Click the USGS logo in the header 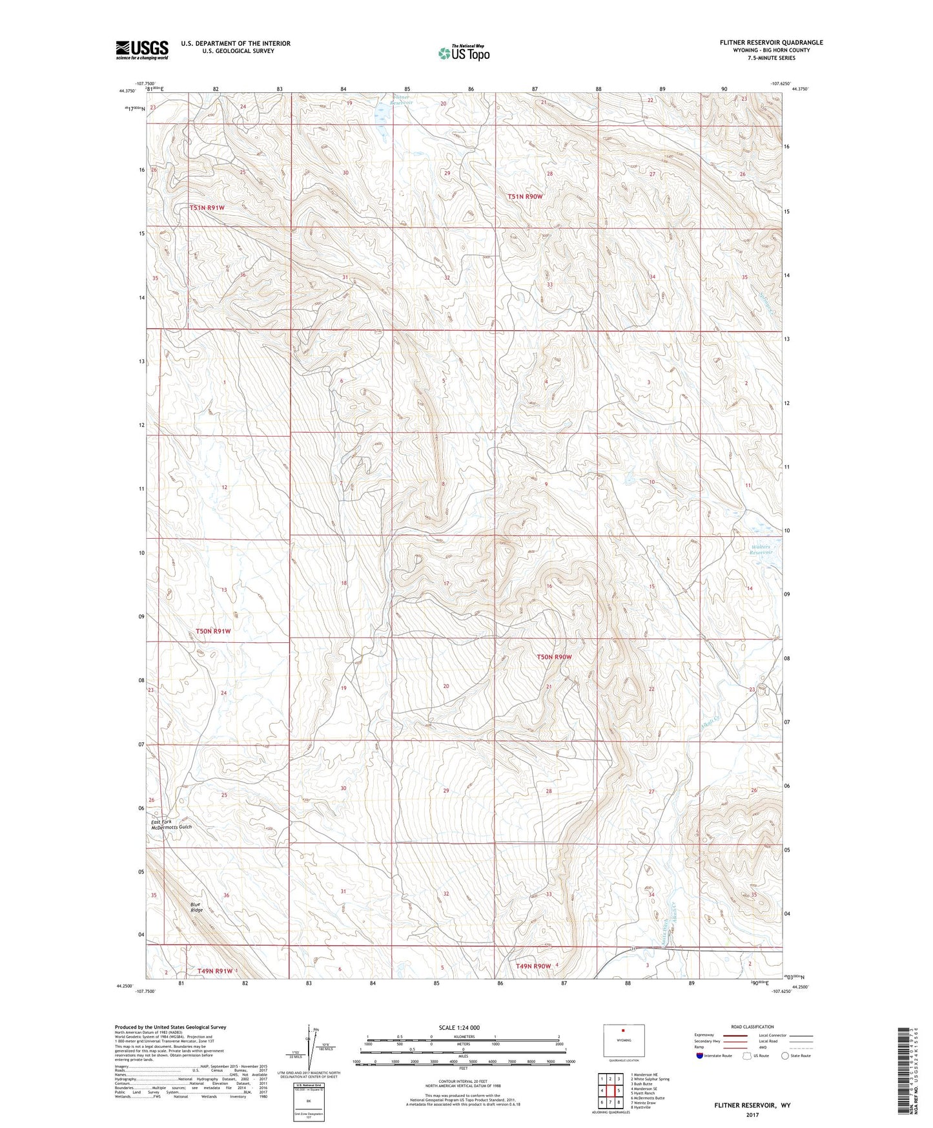142,50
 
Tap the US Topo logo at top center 464,53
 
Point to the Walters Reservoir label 761,550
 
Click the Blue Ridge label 196,907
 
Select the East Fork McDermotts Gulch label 171,824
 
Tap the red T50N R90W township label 554,657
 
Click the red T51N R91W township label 207,207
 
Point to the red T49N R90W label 533,966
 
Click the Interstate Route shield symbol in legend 700,1056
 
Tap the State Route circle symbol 784,1056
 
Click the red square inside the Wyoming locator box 623,1031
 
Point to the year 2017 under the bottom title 752,1114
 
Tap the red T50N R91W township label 213,631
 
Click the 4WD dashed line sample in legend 801,1048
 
